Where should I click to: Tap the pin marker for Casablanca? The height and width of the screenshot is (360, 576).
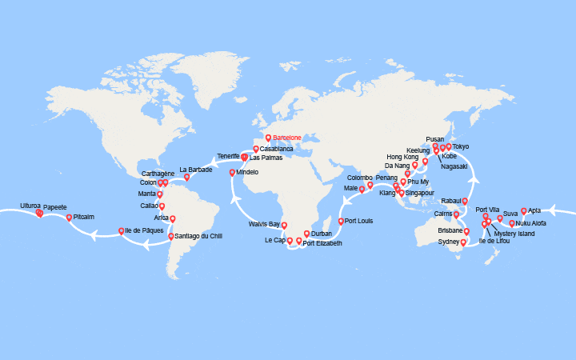[256, 148]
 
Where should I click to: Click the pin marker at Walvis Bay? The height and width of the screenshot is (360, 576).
[284, 225]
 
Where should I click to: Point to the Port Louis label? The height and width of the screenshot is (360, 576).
[360, 221]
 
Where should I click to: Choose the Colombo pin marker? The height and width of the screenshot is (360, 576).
[370, 185]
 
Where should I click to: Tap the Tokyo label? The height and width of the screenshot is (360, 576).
[461, 146]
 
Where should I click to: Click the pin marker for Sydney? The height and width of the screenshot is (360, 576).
[463, 242]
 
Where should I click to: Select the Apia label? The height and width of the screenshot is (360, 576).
[534, 211]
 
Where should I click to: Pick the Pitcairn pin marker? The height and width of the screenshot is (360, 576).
[69, 217]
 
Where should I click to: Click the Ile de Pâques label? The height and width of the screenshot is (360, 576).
[145, 231]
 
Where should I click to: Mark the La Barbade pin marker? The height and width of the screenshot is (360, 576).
[187, 177]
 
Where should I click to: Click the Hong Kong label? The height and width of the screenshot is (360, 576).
[402, 157]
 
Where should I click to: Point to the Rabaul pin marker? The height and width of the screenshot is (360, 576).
[465, 201]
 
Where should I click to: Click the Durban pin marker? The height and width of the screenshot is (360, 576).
[306, 234]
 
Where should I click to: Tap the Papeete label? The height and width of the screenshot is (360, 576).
[55, 206]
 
